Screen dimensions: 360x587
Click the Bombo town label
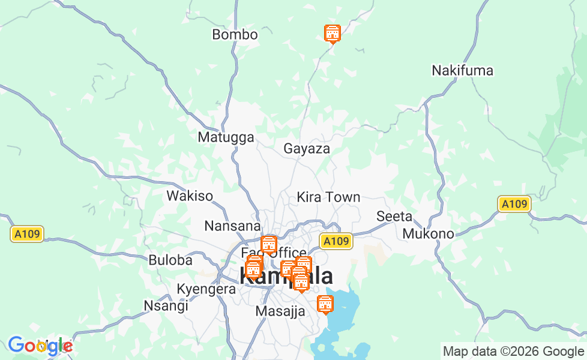235,35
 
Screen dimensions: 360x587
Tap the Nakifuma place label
462,71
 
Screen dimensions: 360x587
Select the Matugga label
226,137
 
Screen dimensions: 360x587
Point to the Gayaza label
307,149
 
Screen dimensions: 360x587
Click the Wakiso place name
190,196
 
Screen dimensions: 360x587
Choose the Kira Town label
328,197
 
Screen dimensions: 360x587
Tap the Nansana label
232,226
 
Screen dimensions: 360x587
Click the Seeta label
394,216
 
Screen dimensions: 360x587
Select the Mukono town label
428,233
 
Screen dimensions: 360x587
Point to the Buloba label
170,260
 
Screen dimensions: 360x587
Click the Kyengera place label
206,289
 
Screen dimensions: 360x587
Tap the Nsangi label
166,305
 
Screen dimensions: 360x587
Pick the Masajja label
280,311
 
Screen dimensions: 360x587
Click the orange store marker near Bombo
332,34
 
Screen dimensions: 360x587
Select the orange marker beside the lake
325,304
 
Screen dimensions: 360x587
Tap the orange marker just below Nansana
268,244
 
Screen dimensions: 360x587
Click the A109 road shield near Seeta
336,241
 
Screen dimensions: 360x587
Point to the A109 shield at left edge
27,233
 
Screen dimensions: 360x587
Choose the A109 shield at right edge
514,204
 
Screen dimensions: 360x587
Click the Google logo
40,346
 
